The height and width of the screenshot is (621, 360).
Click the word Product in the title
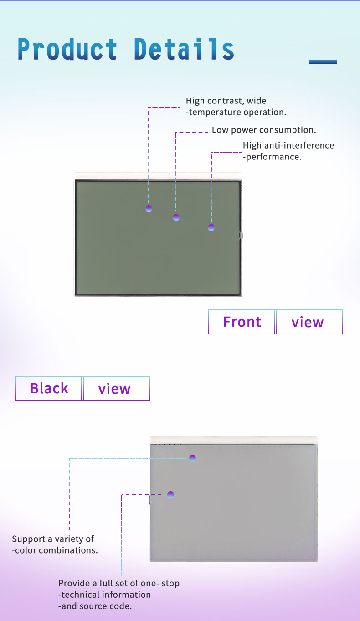pyautogui.click(x=67, y=49)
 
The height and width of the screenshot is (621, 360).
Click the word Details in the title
pyautogui.click(x=184, y=49)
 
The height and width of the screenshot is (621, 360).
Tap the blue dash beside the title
pyautogui.click(x=323, y=62)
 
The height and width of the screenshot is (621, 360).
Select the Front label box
pyautogui.click(x=242, y=322)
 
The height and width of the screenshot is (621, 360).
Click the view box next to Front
pyautogui.click(x=309, y=322)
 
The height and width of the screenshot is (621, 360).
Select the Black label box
pyautogui.click(x=49, y=388)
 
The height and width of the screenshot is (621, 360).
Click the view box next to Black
pyautogui.click(x=116, y=388)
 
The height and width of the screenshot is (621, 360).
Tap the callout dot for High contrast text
pyautogui.click(x=149, y=209)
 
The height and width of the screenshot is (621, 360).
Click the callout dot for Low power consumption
pyautogui.click(x=176, y=217)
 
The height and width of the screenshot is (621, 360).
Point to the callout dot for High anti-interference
pyautogui.click(x=211, y=227)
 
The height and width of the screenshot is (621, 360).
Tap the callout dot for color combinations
pyautogui.click(x=192, y=458)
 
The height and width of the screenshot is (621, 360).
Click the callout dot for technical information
pyautogui.click(x=170, y=494)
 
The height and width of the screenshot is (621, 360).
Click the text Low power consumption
pyautogui.click(x=264, y=130)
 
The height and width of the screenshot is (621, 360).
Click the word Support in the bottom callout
pyautogui.click(x=29, y=539)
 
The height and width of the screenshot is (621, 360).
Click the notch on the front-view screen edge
pyautogui.click(x=241, y=236)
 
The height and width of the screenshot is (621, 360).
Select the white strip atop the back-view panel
pyautogui.click(x=233, y=440)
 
